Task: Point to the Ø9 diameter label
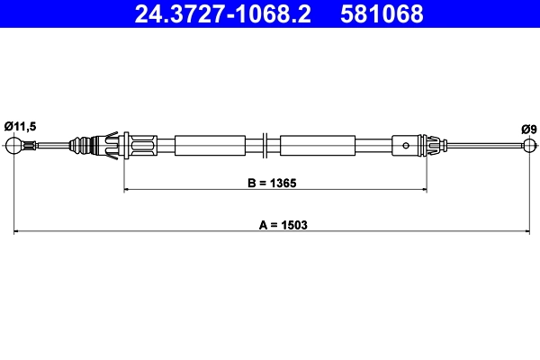pyautogui.click(x=528, y=129)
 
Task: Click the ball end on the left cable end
pyautogui.click(x=14, y=146)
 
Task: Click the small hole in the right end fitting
pyautogui.click(x=407, y=145)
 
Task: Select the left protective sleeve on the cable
pyautogui.click(x=210, y=145)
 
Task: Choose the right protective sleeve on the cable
pyautogui.click(x=316, y=145)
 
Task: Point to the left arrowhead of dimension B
pyautogui.click(x=127, y=190)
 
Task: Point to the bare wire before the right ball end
pyautogui.click(x=486, y=146)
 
